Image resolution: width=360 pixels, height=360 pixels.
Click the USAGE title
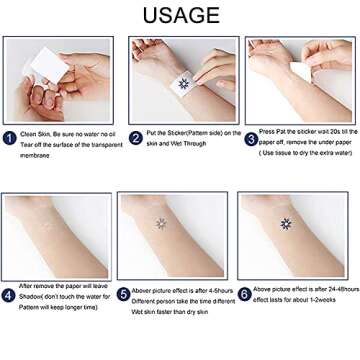(180, 15)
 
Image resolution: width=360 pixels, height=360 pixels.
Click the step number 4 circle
(10, 295)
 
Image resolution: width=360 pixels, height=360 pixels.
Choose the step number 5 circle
(126, 295)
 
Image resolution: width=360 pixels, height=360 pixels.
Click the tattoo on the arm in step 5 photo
(160, 223)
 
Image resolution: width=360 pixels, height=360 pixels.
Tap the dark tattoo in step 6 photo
(286, 223)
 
